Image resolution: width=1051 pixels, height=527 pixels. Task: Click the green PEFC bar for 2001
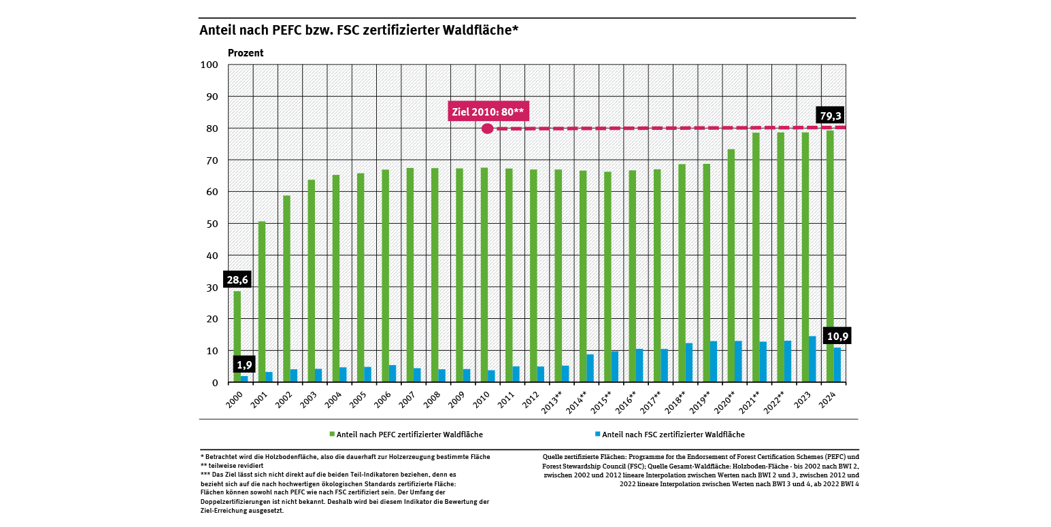262,302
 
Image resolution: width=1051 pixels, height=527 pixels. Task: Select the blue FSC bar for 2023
812,359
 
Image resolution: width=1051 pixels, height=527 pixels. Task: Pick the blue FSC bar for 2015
615,367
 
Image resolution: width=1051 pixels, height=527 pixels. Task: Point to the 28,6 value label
237,279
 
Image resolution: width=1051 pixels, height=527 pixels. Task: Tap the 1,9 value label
244,365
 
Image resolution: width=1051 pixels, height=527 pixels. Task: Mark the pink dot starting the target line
487,129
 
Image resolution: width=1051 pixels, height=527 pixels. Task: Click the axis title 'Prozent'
246,53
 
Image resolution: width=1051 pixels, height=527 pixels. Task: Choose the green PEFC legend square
332,434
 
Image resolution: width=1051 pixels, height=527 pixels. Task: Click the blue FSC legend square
597,434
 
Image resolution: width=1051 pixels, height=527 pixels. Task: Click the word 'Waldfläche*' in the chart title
485,31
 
